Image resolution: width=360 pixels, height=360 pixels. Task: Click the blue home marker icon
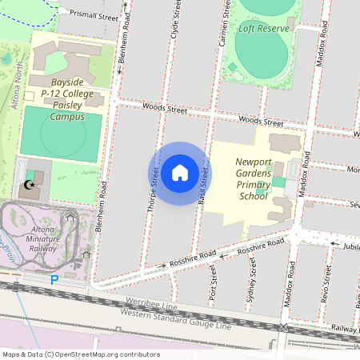click(x=180, y=173)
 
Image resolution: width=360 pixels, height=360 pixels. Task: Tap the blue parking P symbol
click(x=54, y=280)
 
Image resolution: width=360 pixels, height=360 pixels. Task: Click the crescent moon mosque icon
click(x=30, y=186)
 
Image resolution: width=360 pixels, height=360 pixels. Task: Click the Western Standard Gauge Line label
click(x=175, y=319)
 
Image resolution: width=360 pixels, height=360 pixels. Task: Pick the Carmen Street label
click(x=224, y=21)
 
